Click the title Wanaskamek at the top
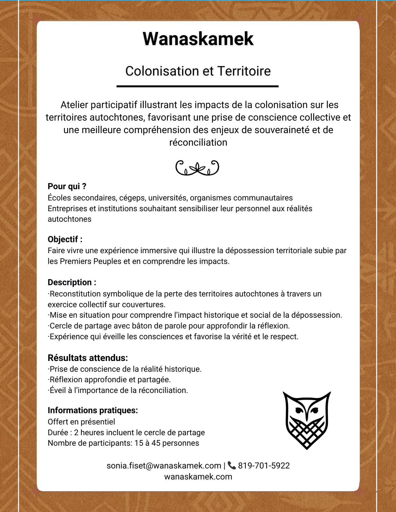pos(198,39)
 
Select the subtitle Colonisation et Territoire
pos(198,71)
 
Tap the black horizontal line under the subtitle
pos(197,86)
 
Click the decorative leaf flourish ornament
pos(197,168)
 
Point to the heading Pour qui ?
pos(67,186)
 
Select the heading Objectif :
pos(65,239)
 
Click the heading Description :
pos(72,282)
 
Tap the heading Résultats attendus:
pos(88,357)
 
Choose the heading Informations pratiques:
pos(93,410)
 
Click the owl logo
pos(307,420)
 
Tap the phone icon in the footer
pos(232,465)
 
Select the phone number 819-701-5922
pos(264,466)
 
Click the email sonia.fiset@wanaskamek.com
pos(164,466)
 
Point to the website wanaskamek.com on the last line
pos(198,476)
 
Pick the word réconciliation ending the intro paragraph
pos(198,142)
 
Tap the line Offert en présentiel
pos(81,422)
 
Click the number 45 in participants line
pos(156,443)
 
